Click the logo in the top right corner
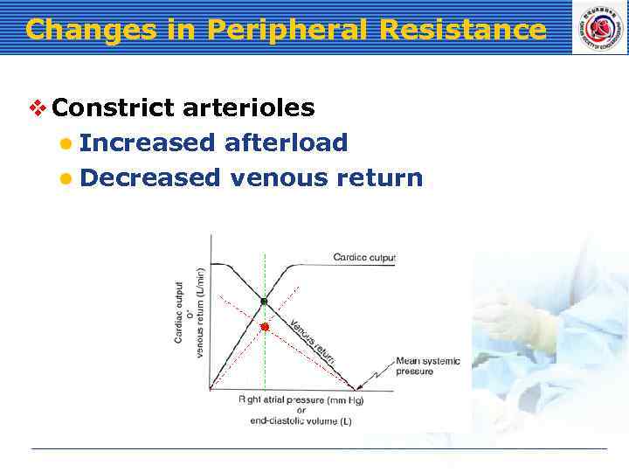point(598,27)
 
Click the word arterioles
point(249,108)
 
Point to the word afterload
point(286,142)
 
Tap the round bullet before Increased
point(66,143)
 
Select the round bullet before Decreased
point(66,179)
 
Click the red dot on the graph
point(265,326)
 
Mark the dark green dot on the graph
point(264,302)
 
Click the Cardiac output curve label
point(363,257)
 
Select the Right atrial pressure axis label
point(301,399)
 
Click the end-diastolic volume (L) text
point(301,420)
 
